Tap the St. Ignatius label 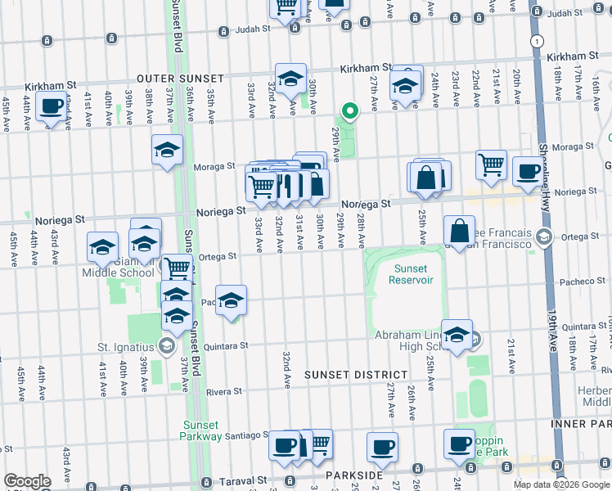click(127, 347)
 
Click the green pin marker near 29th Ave click(350, 110)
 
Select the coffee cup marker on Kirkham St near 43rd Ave click(52, 106)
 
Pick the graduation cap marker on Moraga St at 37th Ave click(167, 150)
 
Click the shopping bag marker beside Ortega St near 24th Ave click(460, 230)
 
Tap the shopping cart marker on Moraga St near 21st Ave click(491, 164)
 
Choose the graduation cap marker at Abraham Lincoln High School click(457, 333)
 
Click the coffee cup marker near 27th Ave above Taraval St click(382, 447)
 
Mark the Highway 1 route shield click(535, 41)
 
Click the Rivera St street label click(223, 392)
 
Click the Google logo click(27, 481)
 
